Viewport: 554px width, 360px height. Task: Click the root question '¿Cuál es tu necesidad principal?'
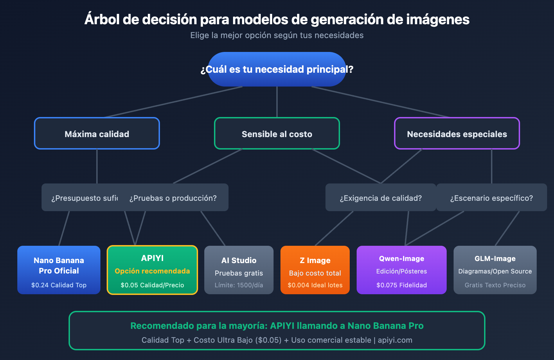pyautogui.click(x=277, y=69)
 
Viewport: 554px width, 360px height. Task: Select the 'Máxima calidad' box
pyautogui.click(x=97, y=134)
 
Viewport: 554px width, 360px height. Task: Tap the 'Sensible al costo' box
pyautogui.click(x=277, y=134)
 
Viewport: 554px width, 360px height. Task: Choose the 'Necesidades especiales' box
pyautogui.click(x=457, y=134)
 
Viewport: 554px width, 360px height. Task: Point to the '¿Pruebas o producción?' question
pyautogui.click(x=173, y=198)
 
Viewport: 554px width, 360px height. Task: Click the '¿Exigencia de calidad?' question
pyautogui.click(x=381, y=198)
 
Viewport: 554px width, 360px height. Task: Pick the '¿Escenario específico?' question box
pyautogui.click(x=492, y=198)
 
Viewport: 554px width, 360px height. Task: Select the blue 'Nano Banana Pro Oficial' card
pyautogui.click(x=59, y=270)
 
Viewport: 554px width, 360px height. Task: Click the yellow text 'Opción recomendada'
pyautogui.click(x=152, y=271)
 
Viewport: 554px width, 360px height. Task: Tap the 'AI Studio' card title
pyautogui.click(x=239, y=260)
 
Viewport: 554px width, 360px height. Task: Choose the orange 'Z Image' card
pyautogui.click(x=315, y=270)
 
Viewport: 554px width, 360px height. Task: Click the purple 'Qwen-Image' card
pyautogui.click(x=402, y=270)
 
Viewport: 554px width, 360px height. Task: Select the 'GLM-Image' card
pyautogui.click(x=495, y=270)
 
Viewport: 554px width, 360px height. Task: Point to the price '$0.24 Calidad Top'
pyautogui.click(x=59, y=285)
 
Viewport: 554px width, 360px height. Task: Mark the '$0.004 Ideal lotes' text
pyautogui.click(x=315, y=285)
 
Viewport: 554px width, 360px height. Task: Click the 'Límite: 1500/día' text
pyautogui.click(x=239, y=285)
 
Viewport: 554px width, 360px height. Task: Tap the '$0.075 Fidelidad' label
pyautogui.click(x=402, y=285)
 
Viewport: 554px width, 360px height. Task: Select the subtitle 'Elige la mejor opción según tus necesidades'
pyautogui.click(x=277, y=35)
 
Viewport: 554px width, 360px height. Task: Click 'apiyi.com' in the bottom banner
pyautogui.click(x=395, y=340)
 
